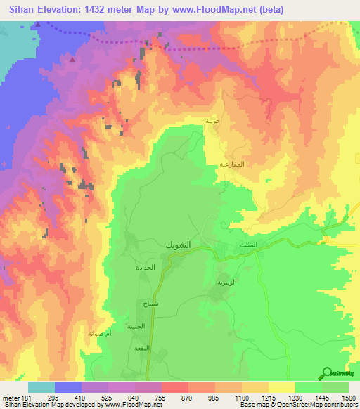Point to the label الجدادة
(x=145, y=268)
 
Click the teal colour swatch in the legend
(x=41, y=387)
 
